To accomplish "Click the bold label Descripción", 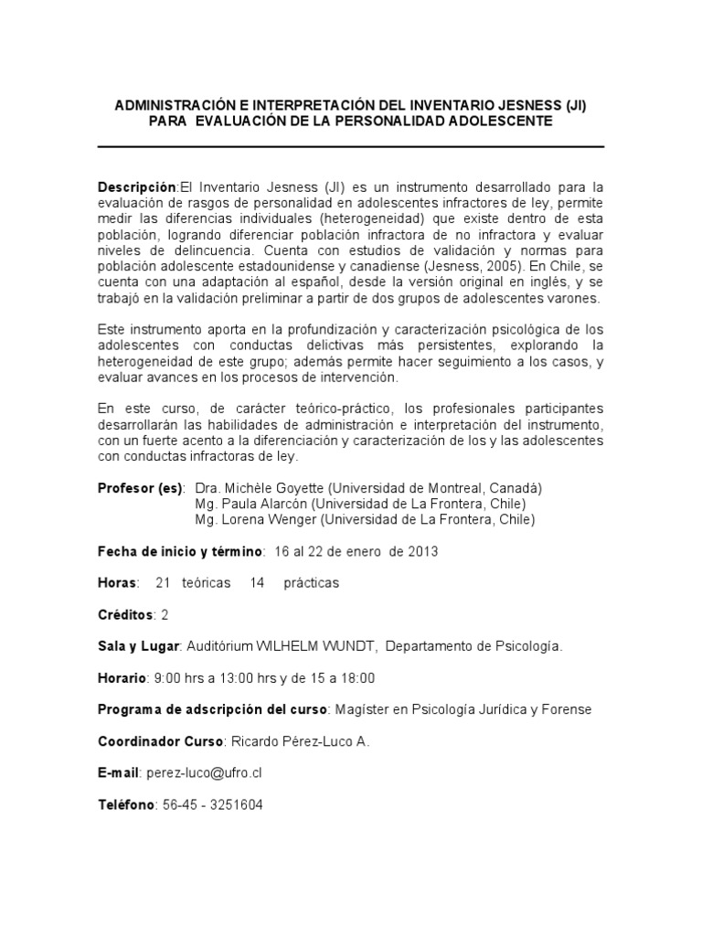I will pos(136,186).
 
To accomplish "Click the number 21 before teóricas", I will pos(165,582).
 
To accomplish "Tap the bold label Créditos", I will pos(126,614).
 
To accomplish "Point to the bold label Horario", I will pos(122,677).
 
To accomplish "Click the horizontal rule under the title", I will pos(350,146).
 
